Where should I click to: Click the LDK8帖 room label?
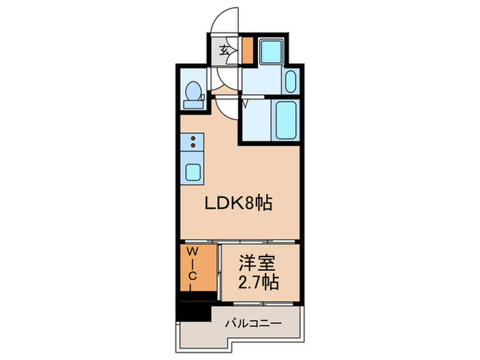coord(238,203)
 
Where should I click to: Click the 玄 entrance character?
coord(224,50)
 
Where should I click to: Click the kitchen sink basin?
coord(193,171)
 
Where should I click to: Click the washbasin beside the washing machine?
coord(289,83)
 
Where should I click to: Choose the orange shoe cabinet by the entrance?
coord(248,50)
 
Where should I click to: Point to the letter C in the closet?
coord(193,276)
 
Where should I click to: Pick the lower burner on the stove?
coord(193,145)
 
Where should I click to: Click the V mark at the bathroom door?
coord(244,104)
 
